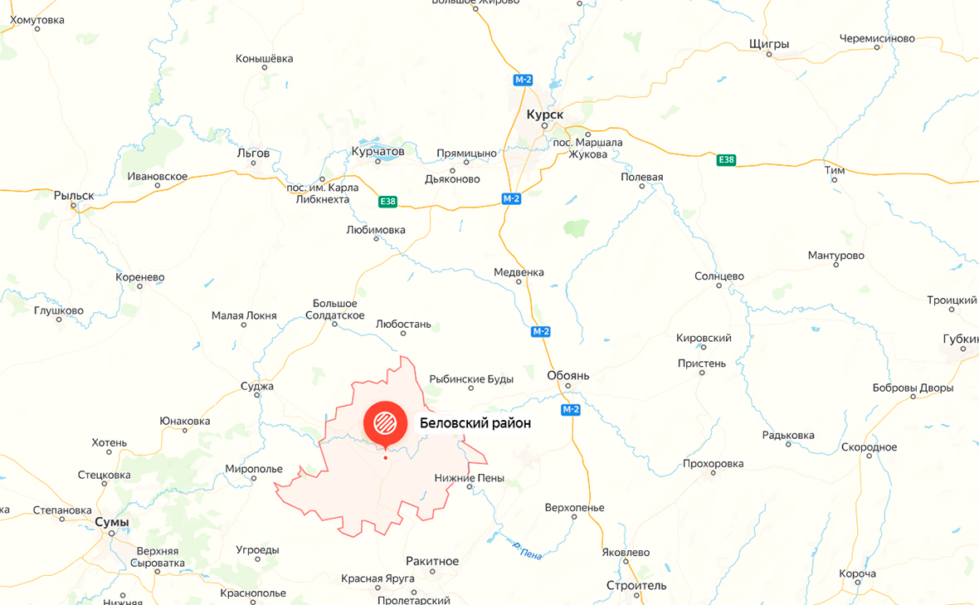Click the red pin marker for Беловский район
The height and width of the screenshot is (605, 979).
click(385, 422)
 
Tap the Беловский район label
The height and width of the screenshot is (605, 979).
click(475, 423)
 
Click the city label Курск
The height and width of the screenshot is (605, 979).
click(545, 114)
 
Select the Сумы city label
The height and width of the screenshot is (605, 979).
click(112, 522)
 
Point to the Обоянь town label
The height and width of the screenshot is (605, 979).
click(568, 375)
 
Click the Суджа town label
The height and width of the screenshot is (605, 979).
click(257, 386)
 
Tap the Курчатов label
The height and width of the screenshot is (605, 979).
click(378, 151)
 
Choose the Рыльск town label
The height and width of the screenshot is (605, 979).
click(74, 196)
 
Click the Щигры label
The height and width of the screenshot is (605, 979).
click(769, 43)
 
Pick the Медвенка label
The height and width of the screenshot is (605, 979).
click(519, 271)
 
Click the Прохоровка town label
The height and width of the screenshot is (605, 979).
click(713, 463)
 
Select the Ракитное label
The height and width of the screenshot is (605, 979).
click(432, 561)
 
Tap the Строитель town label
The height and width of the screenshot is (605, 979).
click(636, 585)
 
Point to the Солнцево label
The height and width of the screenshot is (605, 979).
click(719, 276)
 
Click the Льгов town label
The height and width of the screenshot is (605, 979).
click(253, 153)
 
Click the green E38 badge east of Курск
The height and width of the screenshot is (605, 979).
click(726, 159)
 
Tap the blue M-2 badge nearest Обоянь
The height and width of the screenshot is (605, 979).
click(570, 410)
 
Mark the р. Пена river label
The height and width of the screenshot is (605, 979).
click(527, 550)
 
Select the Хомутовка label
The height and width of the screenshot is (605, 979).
click(37, 20)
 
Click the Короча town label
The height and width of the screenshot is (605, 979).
click(857, 573)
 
